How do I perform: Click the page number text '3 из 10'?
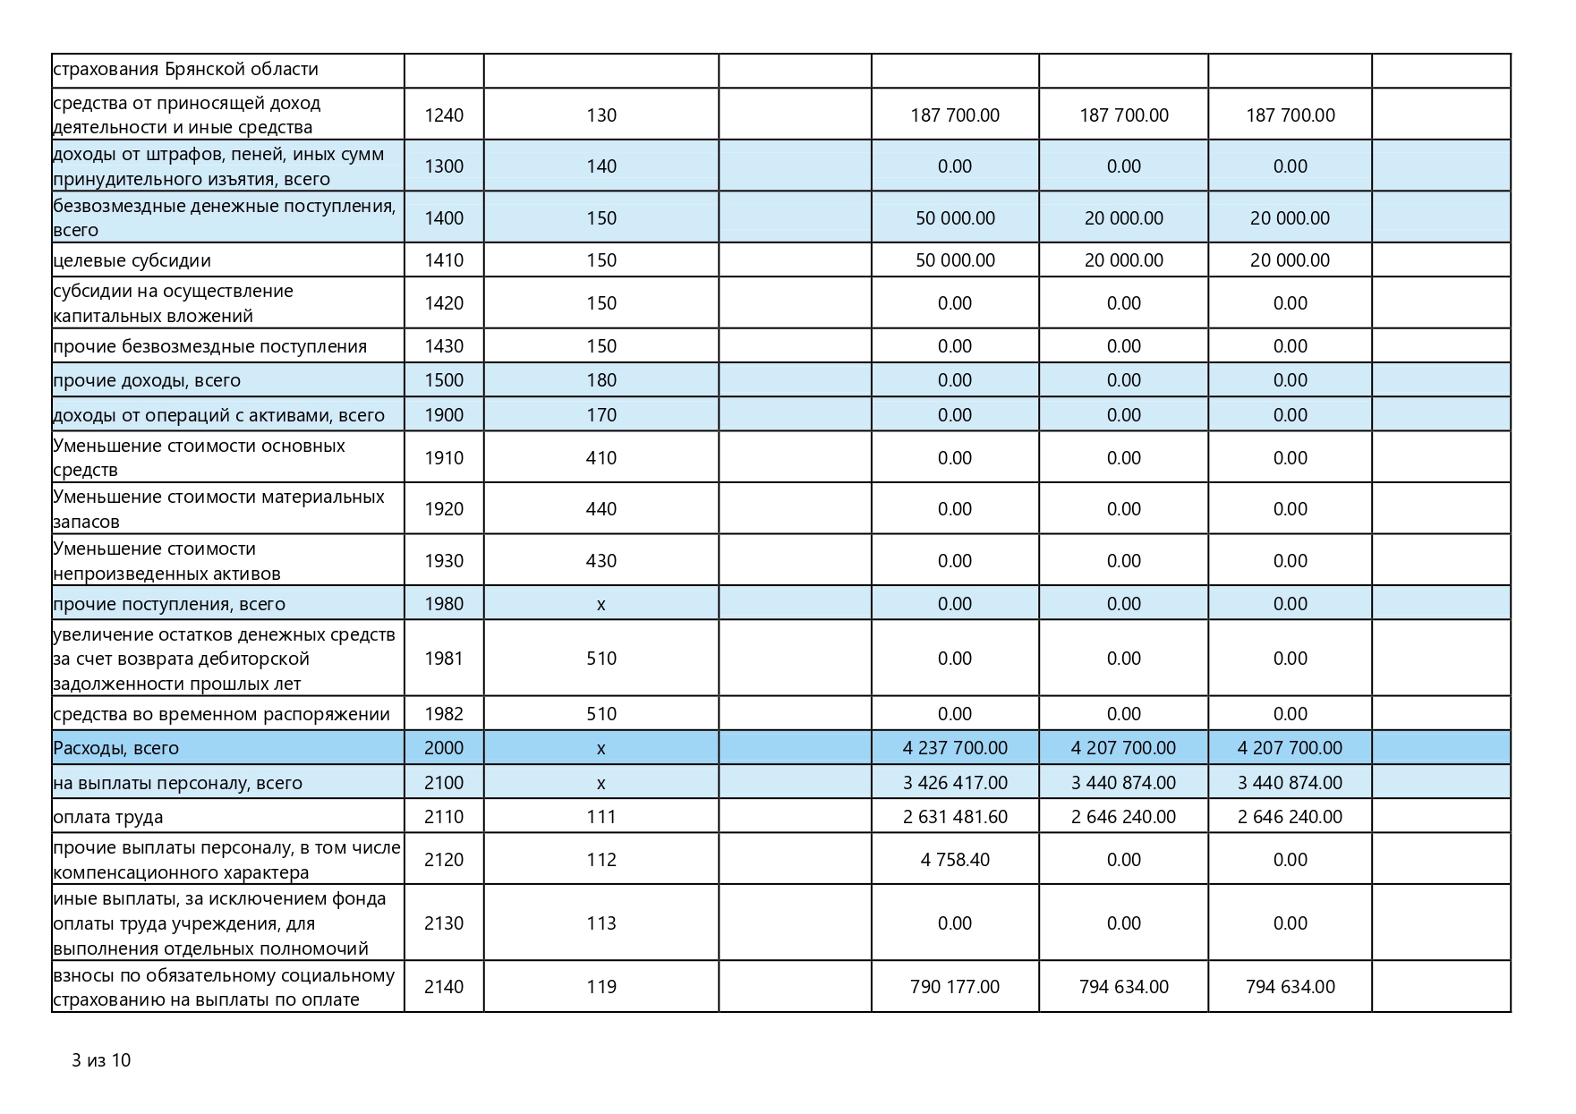click(x=101, y=1060)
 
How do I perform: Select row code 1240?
click(x=444, y=115)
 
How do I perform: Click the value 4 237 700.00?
click(x=955, y=748)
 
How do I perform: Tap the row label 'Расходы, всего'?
click(x=116, y=748)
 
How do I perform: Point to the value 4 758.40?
click(x=955, y=860)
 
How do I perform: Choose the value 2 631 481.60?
click(x=955, y=817)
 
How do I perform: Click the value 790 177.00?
click(x=955, y=987)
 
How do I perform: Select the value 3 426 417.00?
click(x=955, y=783)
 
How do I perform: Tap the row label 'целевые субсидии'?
click(x=132, y=260)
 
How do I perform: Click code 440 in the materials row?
click(x=601, y=509)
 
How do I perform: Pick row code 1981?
click(x=444, y=659)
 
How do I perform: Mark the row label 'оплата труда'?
click(x=108, y=817)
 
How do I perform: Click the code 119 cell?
click(x=601, y=987)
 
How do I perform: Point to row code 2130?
click(x=444, y=923)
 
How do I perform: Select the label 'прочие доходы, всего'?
click(x=147, y=380)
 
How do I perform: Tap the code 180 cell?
click(x=601, y=380)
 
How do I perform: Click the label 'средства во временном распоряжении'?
click(x=222, y=714)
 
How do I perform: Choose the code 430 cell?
click(x=601, y=561)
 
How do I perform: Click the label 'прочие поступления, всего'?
click(x=169, y=604)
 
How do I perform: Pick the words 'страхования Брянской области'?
click(x=186, y=70)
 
